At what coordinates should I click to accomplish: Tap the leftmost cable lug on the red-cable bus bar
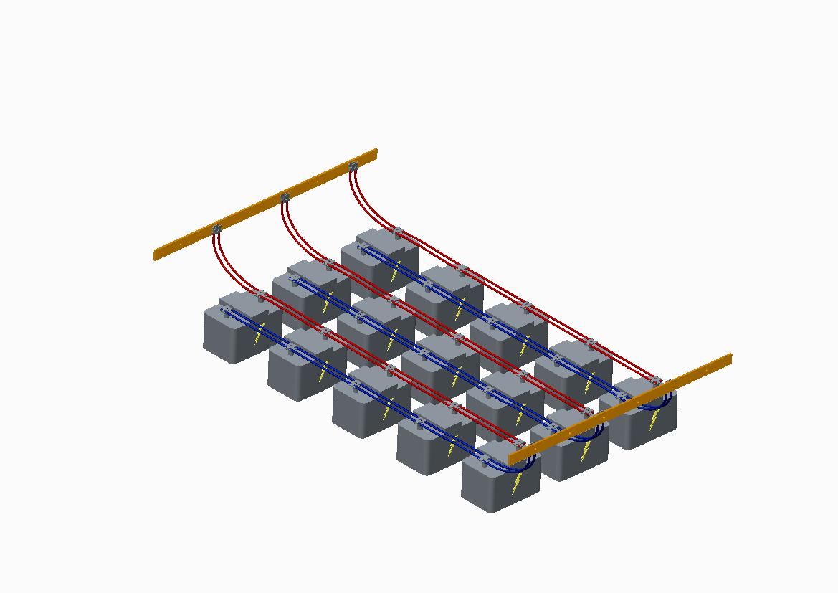(216, 229)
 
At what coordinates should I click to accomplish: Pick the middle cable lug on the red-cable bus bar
(285, 197)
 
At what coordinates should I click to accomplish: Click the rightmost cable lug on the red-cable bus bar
(352, 167)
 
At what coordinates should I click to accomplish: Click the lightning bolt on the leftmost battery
(258, 335)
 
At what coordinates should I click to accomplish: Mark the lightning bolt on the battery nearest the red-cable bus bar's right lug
(394, 272)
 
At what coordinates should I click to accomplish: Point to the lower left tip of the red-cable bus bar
(156, 255)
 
